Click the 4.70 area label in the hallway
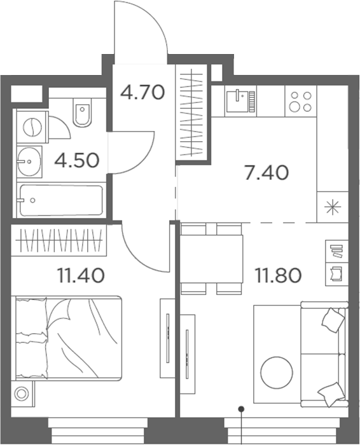point(142,93)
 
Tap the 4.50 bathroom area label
point(76,160)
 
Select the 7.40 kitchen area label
point(267,172)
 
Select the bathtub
point(60,201)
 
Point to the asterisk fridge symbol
point(331,207)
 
